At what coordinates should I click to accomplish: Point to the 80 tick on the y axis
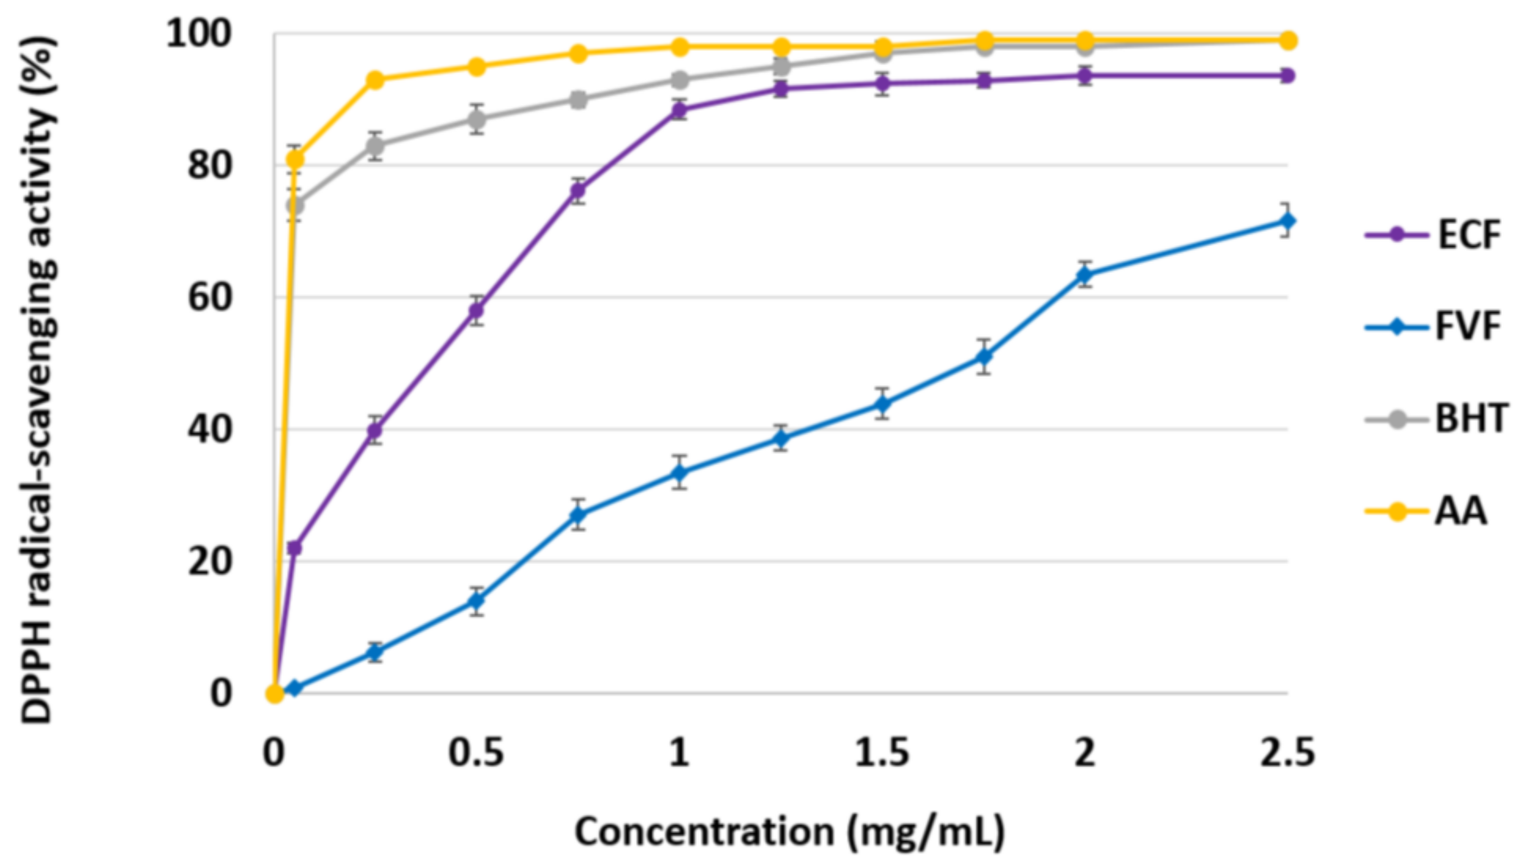coord(209,165)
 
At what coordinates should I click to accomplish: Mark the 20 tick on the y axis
coord(209,560)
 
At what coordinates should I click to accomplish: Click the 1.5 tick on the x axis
coord(882,754)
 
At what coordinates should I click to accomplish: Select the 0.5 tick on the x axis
coord(476,754)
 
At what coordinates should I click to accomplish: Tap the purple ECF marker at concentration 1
coord(680,109)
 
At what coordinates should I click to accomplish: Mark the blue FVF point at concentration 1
coord(680,472)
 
